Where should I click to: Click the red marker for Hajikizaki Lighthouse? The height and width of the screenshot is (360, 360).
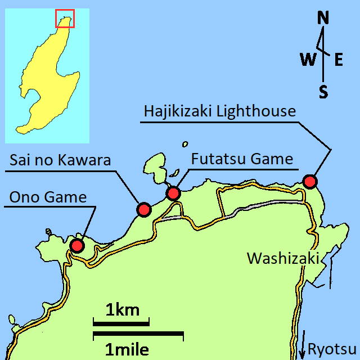[309, 182]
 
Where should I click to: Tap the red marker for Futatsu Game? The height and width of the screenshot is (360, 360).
[173, 193]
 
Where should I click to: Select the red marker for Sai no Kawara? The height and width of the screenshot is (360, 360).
[144, 210]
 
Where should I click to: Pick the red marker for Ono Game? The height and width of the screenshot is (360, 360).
[76, 245]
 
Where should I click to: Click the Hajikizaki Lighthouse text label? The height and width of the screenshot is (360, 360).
[219, 111]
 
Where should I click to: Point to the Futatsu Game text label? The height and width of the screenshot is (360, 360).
[242, 159]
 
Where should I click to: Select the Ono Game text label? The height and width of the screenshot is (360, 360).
[48, 197]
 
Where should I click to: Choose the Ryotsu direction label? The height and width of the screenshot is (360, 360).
[332, 349]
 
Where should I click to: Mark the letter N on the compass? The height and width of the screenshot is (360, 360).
[323, 19]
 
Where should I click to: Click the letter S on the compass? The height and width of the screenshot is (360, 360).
[323, 92]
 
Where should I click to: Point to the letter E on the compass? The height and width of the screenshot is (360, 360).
[339, 60]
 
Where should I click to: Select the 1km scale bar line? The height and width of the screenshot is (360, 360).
[121, 323]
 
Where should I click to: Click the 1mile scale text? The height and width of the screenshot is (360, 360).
[128, 350]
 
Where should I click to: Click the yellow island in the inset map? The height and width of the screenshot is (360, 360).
[48, 79]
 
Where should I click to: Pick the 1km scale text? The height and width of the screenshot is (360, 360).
[122, 309]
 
